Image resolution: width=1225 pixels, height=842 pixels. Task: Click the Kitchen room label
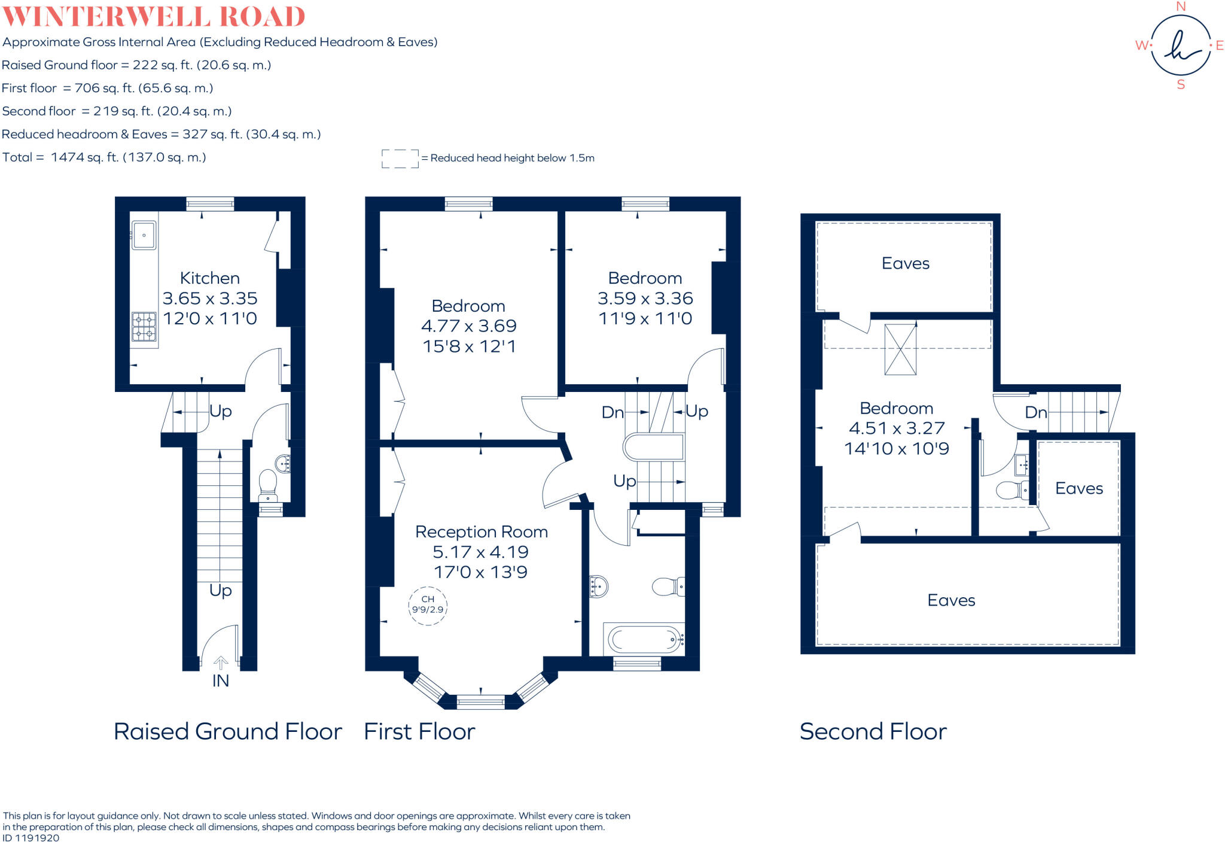coord(210,278)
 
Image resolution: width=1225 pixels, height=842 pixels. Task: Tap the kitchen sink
coord(144,235)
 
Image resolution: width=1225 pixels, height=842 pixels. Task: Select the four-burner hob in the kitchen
coord(144,327)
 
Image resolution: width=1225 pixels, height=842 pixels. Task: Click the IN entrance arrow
coord(221,663)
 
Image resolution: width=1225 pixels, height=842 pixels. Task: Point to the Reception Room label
coord(482,532)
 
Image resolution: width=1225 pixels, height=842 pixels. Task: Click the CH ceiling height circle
coord(428,605)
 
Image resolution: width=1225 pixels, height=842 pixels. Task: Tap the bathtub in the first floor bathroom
coord(644,640)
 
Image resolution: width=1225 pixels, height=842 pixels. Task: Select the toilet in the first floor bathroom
coord(667,586)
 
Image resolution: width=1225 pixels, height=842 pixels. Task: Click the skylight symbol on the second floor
coord(900,349)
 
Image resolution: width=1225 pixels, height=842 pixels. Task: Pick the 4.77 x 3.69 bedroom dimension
coord(469,326)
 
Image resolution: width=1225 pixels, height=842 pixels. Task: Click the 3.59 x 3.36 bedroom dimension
coord(645,299)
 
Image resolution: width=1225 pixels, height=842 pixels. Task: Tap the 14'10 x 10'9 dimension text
coord(897,449)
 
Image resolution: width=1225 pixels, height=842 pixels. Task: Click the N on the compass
coord(1181,7)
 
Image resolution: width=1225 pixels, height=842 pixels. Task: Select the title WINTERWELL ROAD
coord(154,17)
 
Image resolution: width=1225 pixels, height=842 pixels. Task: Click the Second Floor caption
coord(873,731)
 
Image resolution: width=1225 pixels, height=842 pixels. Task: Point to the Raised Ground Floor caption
coord(228,731)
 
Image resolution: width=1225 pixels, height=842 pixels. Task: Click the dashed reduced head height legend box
coord(400,159)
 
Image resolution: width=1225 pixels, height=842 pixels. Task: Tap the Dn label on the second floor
coord(1036,412)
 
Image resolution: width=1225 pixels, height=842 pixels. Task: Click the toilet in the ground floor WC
coord(268,484)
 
